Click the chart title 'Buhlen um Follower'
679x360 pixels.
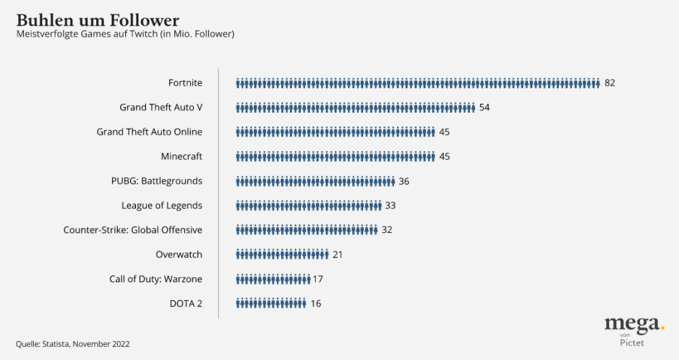click(98, 19)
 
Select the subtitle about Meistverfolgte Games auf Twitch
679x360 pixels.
click(125, 34)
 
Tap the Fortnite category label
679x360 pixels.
click(185, 83)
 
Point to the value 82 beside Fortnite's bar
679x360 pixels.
click(610, 83)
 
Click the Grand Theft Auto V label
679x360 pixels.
click(161, 108)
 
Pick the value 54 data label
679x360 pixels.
click(484, 108)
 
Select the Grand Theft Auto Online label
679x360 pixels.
click(149, 132)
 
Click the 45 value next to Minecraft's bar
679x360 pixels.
click(444, 156)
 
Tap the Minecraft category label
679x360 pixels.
click(181, 156)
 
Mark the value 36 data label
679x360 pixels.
click(403, 181)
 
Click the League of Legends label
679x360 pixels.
click(161, 205)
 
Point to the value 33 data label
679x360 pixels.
click(390, 205)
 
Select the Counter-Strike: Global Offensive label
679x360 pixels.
click(132, 230)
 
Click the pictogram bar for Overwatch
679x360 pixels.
click(282, 254)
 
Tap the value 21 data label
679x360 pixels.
click(337, 254)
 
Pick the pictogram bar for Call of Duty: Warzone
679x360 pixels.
click(273, 279)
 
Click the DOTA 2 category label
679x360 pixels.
click(185, 304)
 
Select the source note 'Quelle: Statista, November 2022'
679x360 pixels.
click(73, 344)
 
